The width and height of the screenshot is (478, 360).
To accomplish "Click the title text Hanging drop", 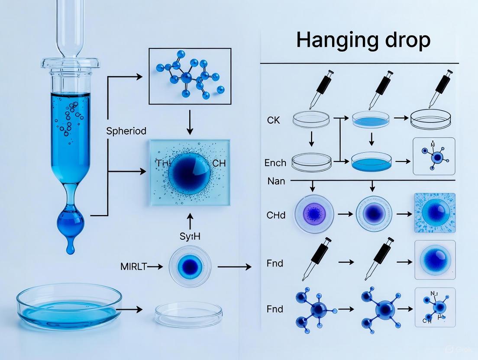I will [363, 40].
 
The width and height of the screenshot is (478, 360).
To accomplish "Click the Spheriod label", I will [126, 131].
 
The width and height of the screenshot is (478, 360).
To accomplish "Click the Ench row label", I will [275, 163].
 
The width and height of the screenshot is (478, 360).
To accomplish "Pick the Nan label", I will [276, 181].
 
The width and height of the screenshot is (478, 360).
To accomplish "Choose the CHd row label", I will [276, 215].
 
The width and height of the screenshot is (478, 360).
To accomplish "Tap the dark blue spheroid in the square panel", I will [189, 172].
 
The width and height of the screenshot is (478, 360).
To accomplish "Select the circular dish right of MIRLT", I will [190, 267].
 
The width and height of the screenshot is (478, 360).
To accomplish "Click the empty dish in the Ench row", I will [312, 162].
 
